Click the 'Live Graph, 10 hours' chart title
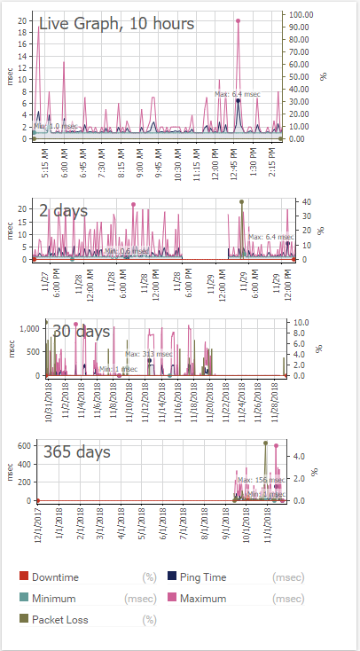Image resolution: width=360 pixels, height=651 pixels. [x=116, y=24]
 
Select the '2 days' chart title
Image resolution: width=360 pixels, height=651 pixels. [x=63, y=211]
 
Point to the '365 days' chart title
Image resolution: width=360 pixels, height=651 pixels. [x=77, y=452]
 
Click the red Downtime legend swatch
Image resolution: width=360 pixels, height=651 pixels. [x=24, y=576]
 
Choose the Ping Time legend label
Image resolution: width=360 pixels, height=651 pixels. [x=203, y=576]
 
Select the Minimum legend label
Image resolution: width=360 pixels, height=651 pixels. [x=55, y=599]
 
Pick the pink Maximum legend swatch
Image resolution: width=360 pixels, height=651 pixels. [x=170, y=599]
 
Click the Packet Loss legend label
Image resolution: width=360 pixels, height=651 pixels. [x=63, y=620]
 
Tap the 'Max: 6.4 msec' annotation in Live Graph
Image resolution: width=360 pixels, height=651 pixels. [x=236, y=93]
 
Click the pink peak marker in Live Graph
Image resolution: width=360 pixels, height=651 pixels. [x=239, y=20]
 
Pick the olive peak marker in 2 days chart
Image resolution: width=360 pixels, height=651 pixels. [x=241, y=201]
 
